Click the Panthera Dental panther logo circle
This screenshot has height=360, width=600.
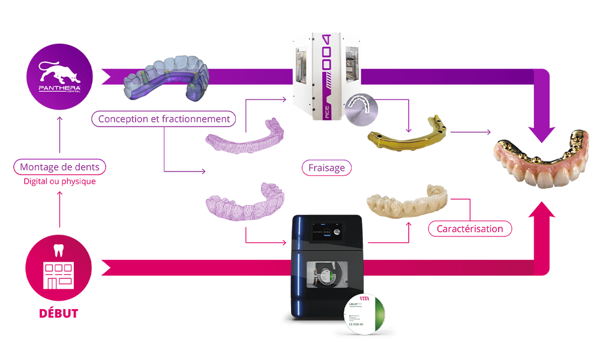tap(59, 76)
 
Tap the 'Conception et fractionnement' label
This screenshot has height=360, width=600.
tap(164, 119)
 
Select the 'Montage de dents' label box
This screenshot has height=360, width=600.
tap(59, 167)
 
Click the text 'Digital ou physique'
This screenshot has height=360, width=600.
tap(59, 181)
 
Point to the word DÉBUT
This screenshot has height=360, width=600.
tap(59, 313)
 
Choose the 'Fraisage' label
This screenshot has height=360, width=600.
tap(326, 168)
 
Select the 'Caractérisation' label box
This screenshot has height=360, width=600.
tap(470, 229)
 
